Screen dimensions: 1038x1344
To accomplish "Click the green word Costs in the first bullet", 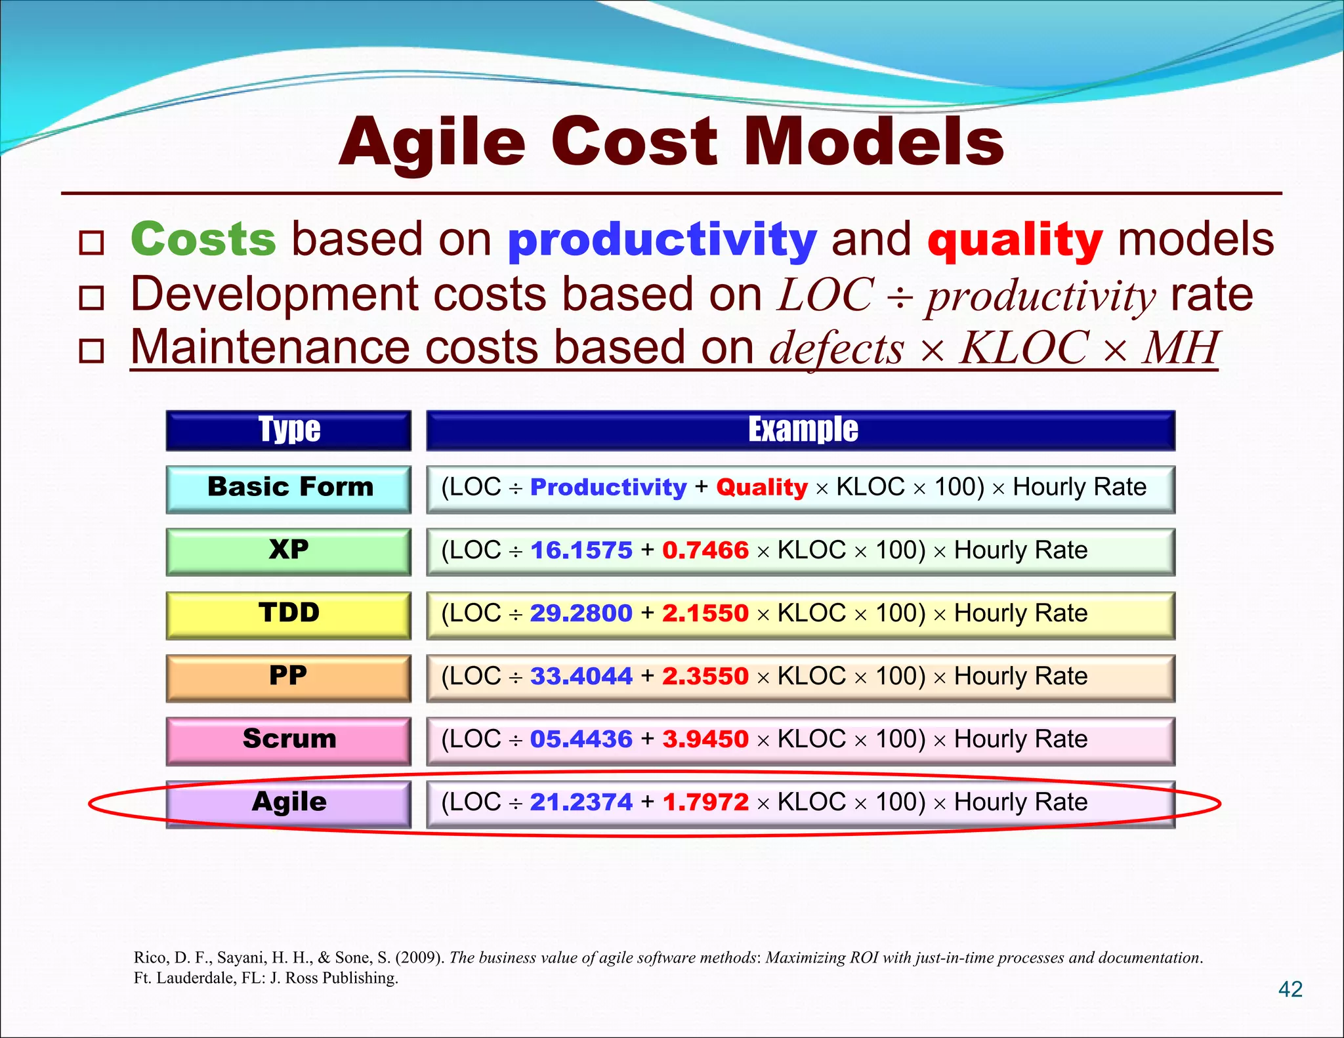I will (203, 239).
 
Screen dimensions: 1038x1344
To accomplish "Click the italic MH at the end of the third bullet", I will (1181, 348).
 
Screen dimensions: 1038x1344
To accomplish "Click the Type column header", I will (289, 430).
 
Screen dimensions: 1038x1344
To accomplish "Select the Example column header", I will (802, 430).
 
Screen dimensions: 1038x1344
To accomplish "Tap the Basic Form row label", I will (289, 488).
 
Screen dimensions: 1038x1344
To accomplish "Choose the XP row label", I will (289, 550).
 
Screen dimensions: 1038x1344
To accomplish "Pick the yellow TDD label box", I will (289, 613).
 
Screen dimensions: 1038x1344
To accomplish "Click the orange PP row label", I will (289, 676).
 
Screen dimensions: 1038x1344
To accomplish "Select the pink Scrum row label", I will (289, 739).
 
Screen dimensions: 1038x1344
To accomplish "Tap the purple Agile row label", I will (289, 802).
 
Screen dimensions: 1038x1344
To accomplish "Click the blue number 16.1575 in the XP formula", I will (581, 550).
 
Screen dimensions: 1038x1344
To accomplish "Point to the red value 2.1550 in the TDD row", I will (705, 613).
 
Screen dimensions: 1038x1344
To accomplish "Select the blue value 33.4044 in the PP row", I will (581, 676).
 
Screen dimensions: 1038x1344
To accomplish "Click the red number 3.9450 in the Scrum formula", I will (705, 739).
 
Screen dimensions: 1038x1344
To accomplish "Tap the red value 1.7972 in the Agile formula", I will (705, 802).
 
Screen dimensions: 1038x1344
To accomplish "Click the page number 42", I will (1290, 989).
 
